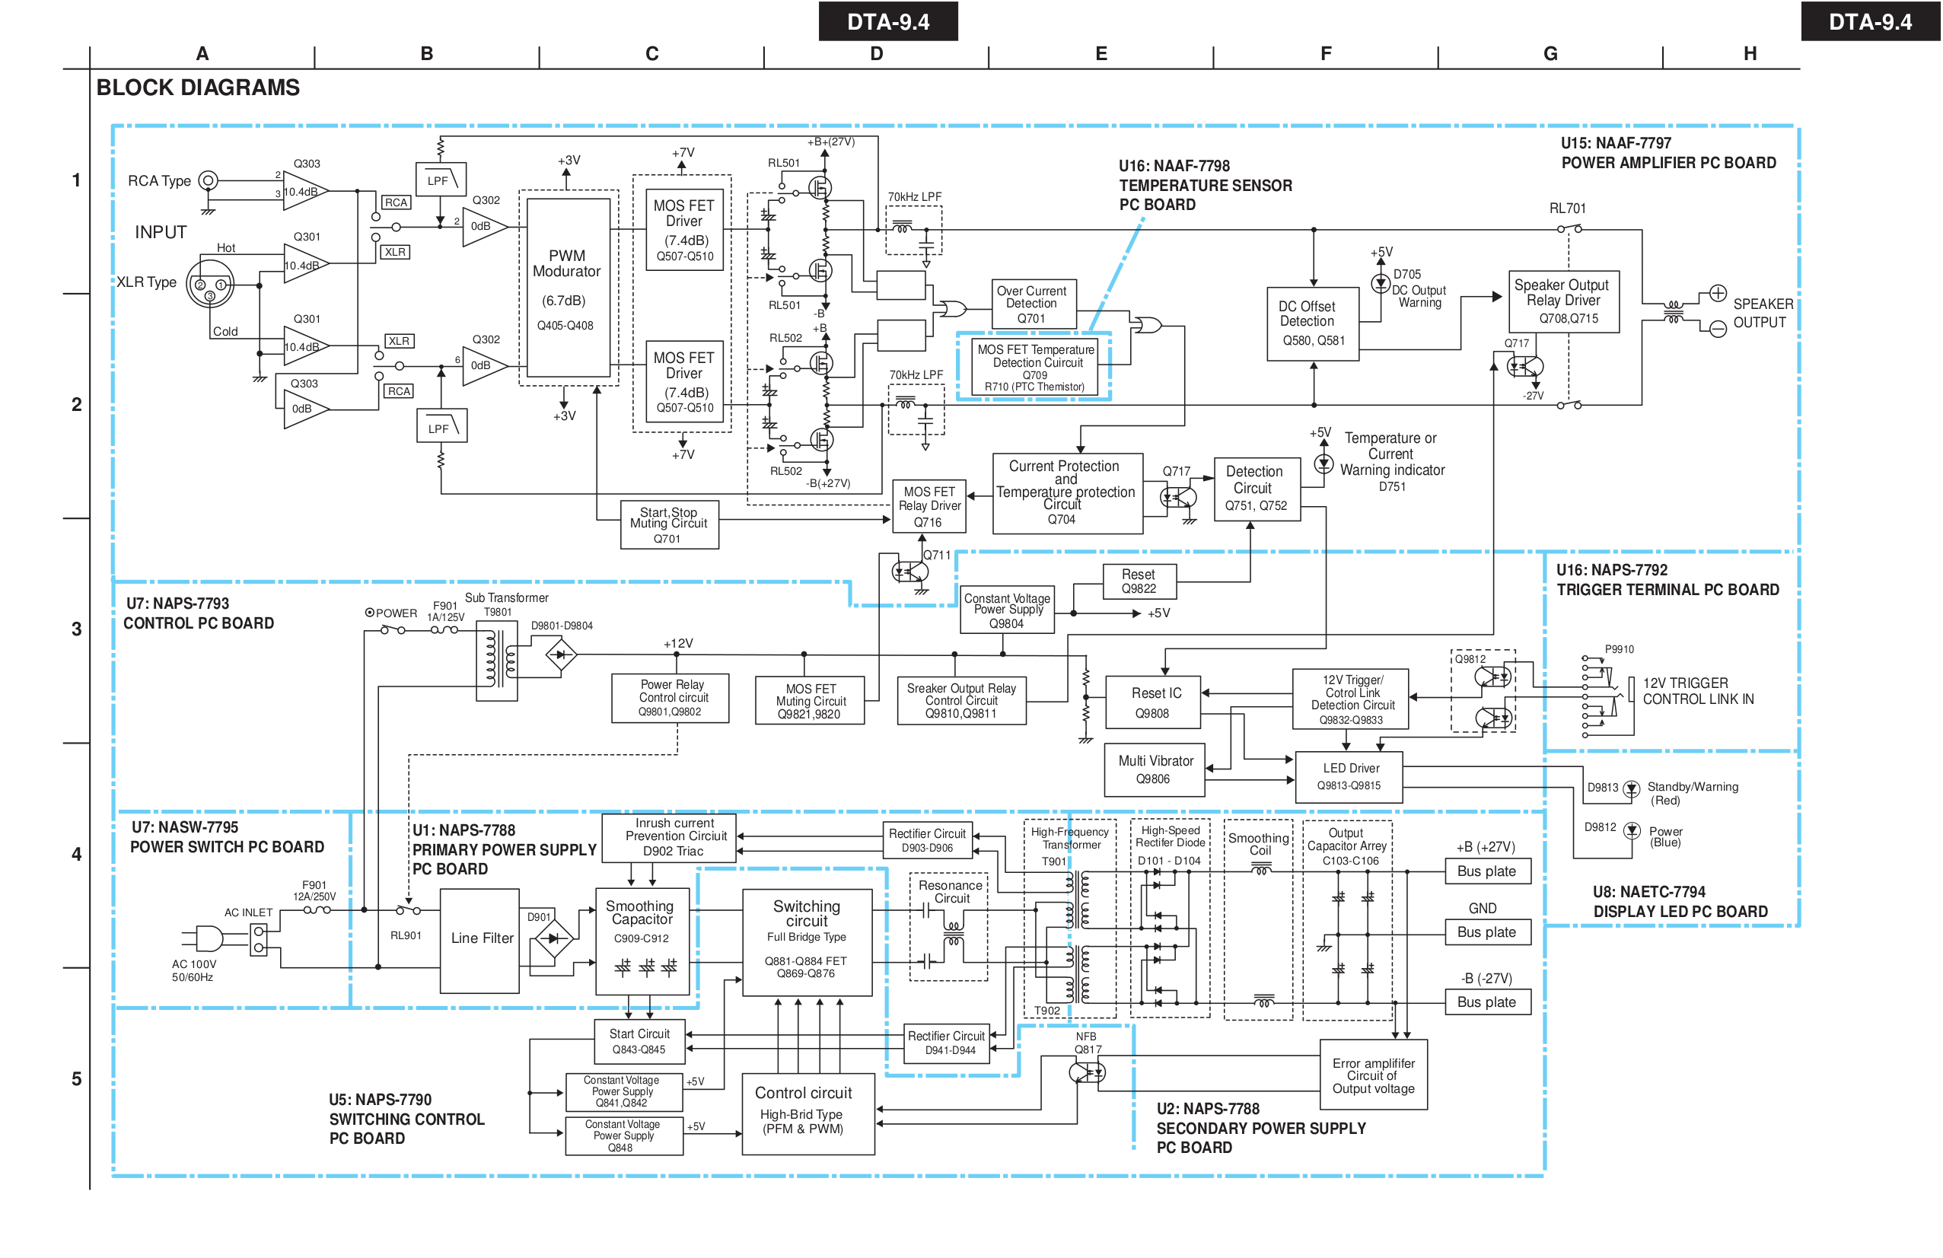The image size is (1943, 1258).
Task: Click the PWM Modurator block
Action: [x=568, y=288]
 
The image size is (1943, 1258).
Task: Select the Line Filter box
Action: [x=480, y=940]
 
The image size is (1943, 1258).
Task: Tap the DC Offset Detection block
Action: [x=1313, y=323]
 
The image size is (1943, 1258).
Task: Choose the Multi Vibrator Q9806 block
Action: [x=1155, y=769]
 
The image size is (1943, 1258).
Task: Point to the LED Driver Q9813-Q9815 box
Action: [x=1349, y=776]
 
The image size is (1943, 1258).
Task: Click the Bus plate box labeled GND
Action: [x=1486, y=932]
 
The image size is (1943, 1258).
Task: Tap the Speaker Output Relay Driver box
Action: [x=1562, y=301]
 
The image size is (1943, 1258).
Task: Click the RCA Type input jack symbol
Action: [x=209, y=180]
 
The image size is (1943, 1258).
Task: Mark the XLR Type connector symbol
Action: [x=210, y=284]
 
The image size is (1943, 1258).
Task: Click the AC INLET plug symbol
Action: [x=209, y=939]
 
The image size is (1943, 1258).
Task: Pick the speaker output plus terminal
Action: [x=1718, y=293]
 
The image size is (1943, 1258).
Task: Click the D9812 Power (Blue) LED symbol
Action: [x=1631, y=830]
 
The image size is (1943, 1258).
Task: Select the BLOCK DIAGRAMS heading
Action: [x=198, y=88]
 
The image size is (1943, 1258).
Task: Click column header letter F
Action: [x=1326, y=54]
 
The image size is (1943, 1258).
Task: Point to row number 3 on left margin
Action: [x=77, y=629]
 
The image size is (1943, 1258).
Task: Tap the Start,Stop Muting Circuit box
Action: [x=669, y=525]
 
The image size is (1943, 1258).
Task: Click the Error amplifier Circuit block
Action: [x=1373, y=1075]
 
